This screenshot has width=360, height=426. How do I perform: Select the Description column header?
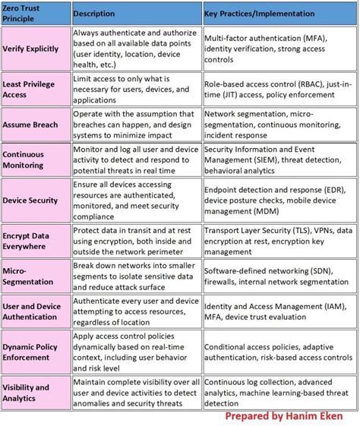(95, 14)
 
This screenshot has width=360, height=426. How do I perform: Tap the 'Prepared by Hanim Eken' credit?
(283, 417)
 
